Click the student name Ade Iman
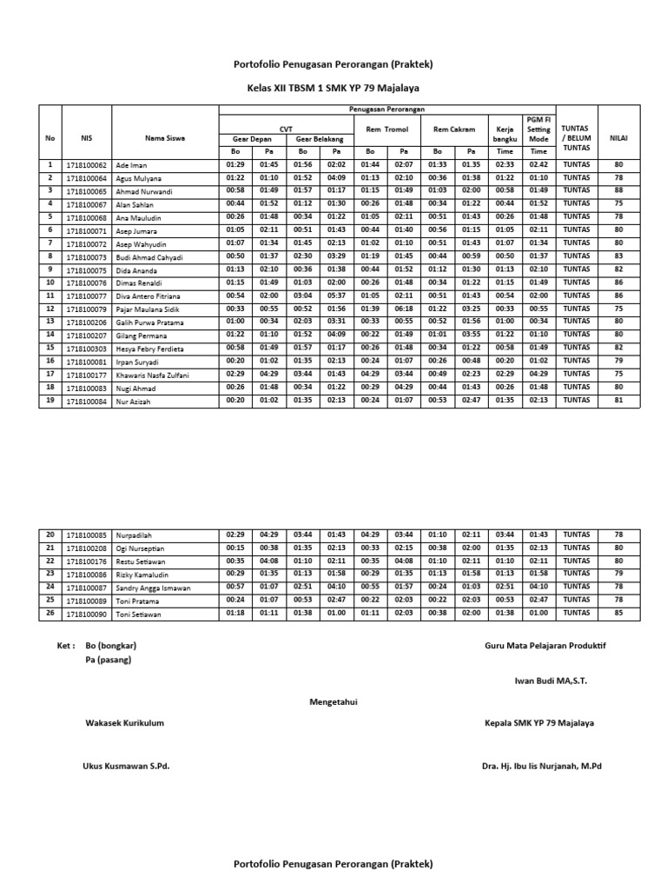[131, 165]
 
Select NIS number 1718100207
[86, 335]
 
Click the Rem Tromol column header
[386, 129]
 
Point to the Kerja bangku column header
[505, 133]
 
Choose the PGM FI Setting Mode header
[538, 129]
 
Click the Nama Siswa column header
[164, 137]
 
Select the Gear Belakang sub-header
[320, 139]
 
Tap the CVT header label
[286, 126]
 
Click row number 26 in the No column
[50, 614]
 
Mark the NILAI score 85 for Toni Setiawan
[618, 614]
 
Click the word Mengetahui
[333, 702]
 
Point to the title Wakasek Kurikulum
[124, 723]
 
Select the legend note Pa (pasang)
[109, 661]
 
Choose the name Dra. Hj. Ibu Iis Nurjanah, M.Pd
[541, 766]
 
